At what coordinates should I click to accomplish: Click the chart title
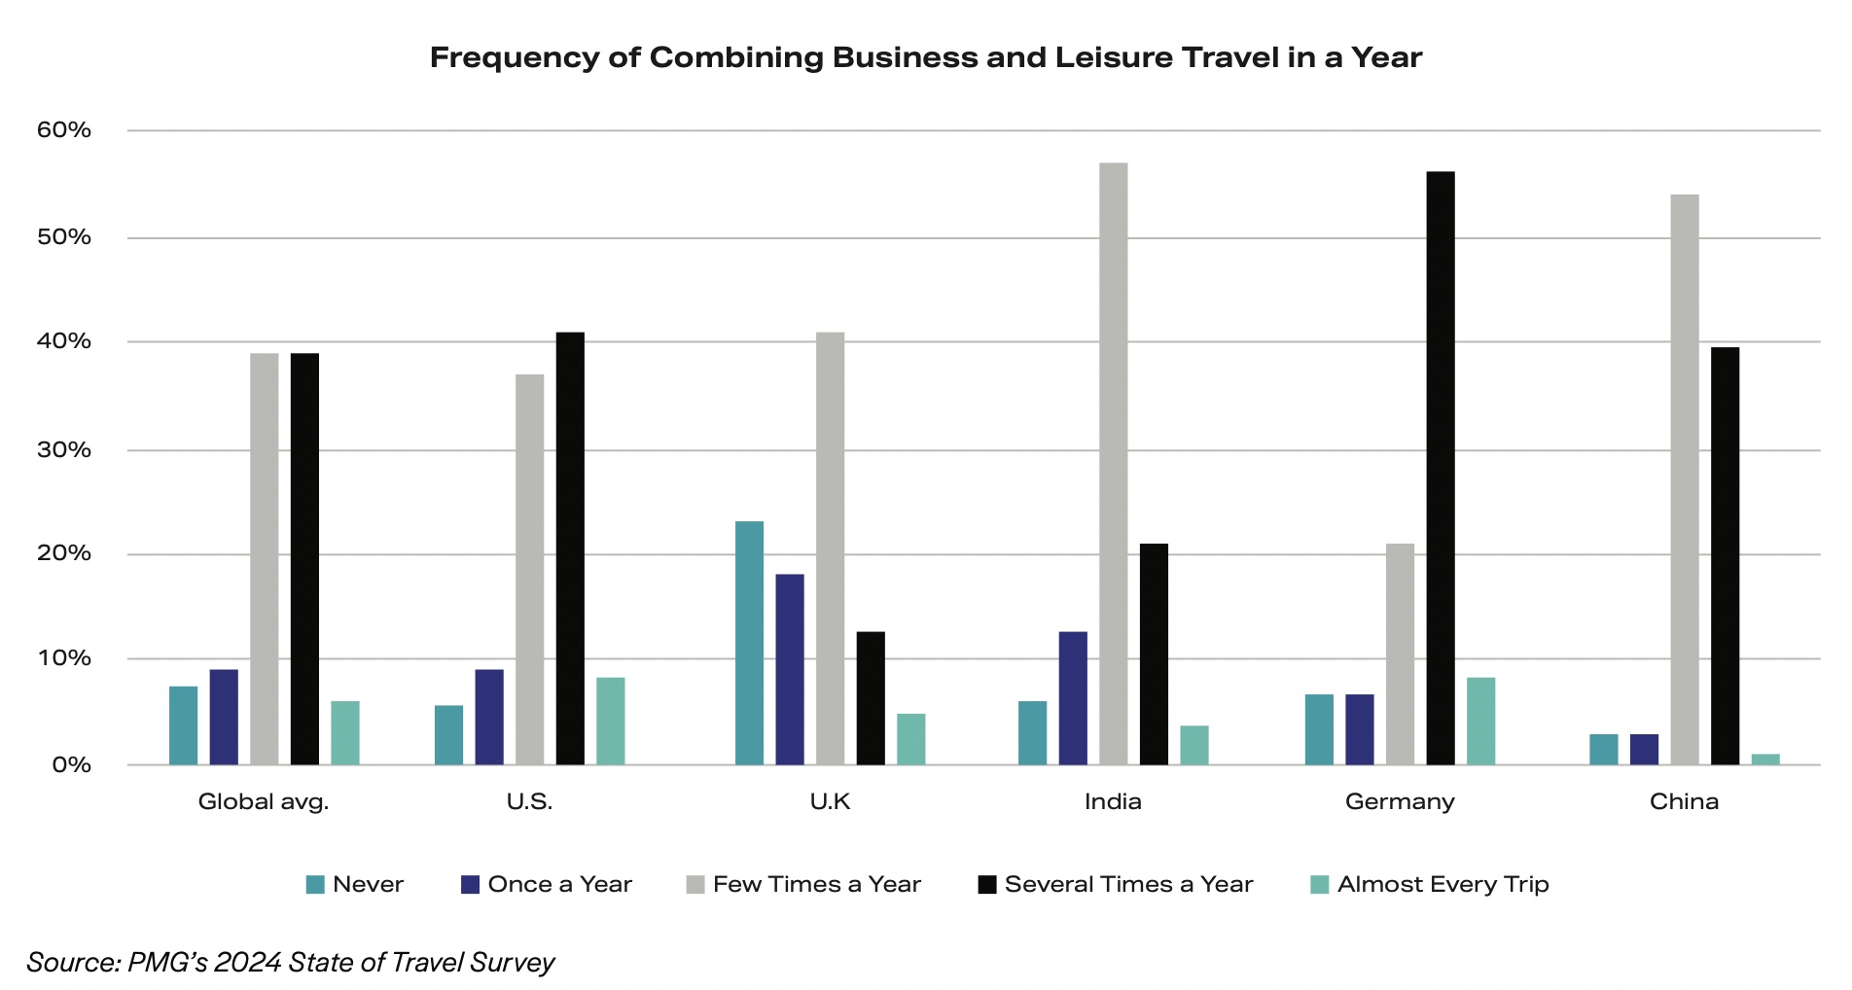(925, 57)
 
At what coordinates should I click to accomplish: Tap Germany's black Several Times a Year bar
(1441, 468)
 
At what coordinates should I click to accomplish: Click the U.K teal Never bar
(749, 643)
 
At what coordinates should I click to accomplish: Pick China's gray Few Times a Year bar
(1685, 479)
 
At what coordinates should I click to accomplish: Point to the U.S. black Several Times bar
(570, 548)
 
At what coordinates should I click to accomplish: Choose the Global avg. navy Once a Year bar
(224, 717)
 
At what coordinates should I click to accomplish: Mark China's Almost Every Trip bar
(1765, 759)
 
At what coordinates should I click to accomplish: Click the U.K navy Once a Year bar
(790, 669)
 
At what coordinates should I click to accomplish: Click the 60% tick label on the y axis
(64, 130)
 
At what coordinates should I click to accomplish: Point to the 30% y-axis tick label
(64, 450)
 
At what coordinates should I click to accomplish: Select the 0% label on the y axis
(72, 765)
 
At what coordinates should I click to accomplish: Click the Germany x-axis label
(1400, 802)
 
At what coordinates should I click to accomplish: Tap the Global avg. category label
(264, 802)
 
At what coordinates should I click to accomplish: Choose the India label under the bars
(1113, 802)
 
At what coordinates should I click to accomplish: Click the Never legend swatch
(315, 885)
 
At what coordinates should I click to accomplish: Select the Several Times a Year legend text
(1128, 885)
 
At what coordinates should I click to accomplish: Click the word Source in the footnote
(73, 963)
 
